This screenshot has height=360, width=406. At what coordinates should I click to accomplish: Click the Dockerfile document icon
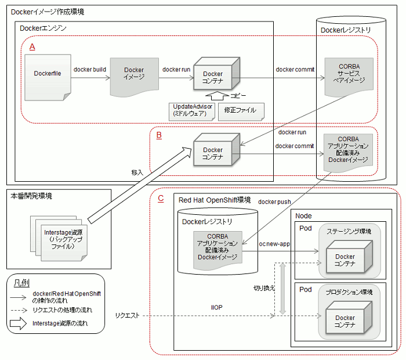click(48, 77)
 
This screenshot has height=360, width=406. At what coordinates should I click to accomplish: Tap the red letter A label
click(32, 47)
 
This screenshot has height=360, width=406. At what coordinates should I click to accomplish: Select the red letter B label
click(159, 135)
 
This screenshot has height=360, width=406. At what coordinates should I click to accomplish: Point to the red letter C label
click(161, 199)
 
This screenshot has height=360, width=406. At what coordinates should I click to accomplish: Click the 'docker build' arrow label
click(90, 70)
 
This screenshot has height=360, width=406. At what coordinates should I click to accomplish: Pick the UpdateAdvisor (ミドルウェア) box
click(192, 111)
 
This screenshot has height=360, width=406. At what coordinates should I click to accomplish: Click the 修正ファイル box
click(241, 111)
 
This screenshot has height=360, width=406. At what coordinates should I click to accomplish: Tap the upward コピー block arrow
click(217, 96)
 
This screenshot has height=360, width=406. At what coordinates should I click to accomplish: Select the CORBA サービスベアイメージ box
click(349, 77)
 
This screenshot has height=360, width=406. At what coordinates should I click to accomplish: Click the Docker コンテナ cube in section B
click(217, 150)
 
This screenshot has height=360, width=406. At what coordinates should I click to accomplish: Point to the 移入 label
click(137, 172)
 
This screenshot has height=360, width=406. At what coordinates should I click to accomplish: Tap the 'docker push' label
click(274, 201)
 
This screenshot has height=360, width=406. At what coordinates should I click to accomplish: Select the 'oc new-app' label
click(274, 244)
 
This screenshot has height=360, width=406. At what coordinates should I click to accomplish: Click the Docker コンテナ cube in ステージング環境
click(349, 257)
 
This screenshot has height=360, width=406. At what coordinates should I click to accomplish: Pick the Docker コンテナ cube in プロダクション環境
click(349, 318)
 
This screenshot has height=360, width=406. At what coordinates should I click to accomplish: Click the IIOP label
click(217, 307)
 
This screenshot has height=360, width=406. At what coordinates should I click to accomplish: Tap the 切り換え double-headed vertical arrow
click(283, 289)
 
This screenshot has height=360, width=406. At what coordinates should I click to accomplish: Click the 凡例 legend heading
click(21, 283)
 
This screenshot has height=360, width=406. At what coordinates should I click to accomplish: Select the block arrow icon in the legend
click(18, 323)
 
